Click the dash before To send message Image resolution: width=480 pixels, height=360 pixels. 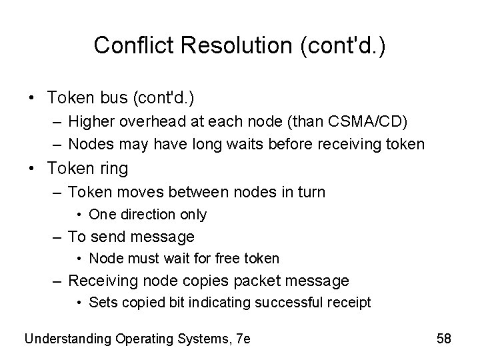point(59,237)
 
